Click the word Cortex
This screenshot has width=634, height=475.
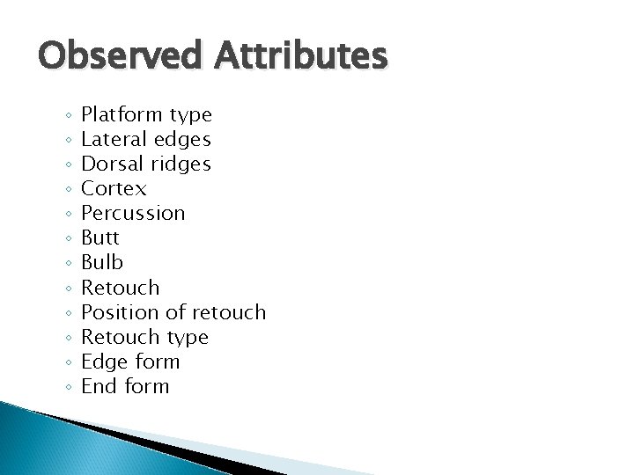click(x=114, y=188)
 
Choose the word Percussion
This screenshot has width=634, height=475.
click(x=133, y=213)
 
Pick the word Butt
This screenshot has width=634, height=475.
click(x=100, y=237)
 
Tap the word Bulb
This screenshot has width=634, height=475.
click(x=100, y=262)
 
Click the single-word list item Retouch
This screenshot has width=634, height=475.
click(x=121, y=287)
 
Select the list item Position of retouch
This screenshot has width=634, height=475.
click(x=173, y=311)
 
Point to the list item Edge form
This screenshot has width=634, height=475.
click(x=130, y=361)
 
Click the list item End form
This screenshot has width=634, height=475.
click(x=125, y=385)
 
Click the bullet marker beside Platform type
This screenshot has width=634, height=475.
click(x=68, y=116)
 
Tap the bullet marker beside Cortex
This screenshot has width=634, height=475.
click(x=68, y=190)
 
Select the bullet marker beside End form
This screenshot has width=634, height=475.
click(x=68, y=387)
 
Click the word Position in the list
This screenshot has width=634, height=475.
click(x=116, y=311)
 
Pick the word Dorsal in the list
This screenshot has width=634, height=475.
click(x=107, y=164)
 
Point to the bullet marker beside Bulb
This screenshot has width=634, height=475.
click(x=68, y=264)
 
